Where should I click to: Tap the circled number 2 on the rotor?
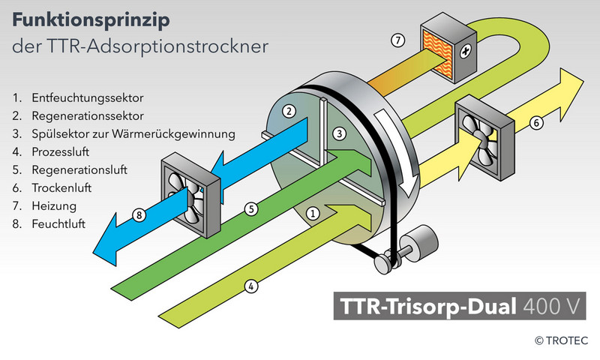point(288,112)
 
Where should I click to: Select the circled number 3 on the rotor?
point(339,133)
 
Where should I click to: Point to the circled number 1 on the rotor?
point(314,213)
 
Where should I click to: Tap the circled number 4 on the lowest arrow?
point(252,285)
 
